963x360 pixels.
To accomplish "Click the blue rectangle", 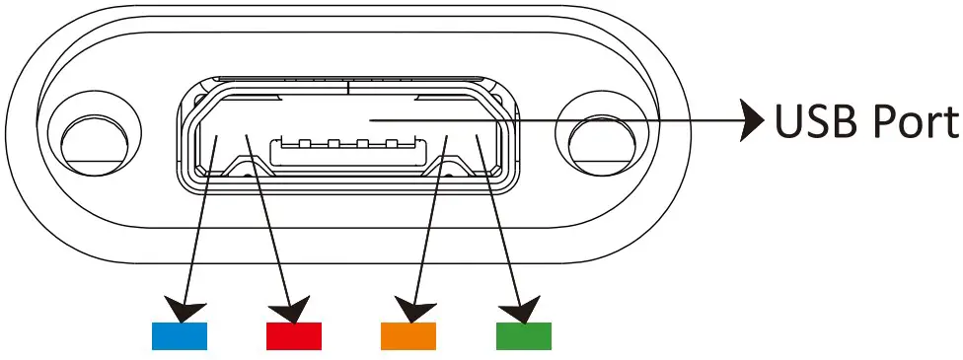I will click(179, 335).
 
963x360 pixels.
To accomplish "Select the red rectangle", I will click(294, 335).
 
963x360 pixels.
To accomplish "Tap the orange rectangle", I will click(408, 335).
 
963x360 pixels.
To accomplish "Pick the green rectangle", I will click(523, 335).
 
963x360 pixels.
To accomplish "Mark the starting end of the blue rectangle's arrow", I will click(216, 137).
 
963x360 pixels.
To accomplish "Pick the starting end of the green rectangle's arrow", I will click(478, 137).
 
